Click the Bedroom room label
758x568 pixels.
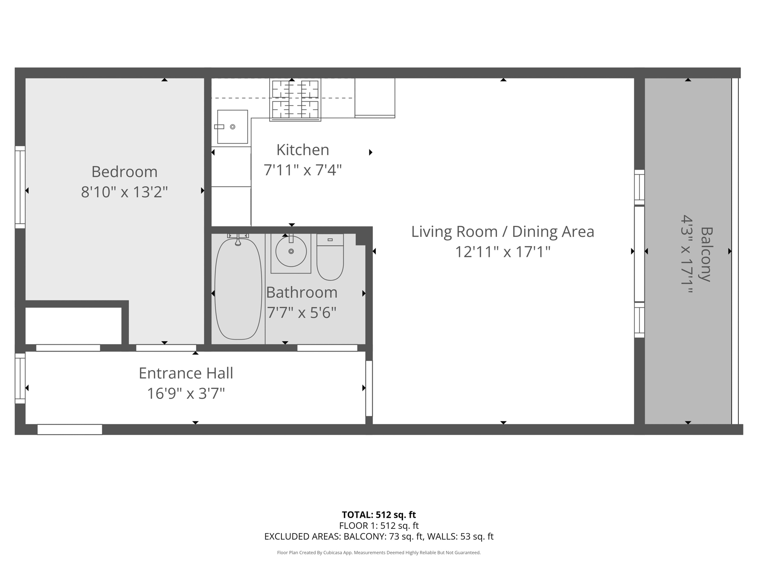point(125,172)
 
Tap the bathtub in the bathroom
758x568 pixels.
point(238,289)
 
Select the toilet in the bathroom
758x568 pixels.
point(330,257)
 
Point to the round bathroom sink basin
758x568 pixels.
point(291,251)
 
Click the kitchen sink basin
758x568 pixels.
point(232,127)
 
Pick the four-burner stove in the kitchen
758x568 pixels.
point(295,100)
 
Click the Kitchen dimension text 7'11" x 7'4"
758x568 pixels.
point(303,170)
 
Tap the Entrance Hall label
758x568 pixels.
point(186,373)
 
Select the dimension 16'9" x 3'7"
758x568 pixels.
point(186,393)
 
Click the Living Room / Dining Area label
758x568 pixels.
point(502,232)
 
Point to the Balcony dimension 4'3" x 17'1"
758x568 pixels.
point(687,254)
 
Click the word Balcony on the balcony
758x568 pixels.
point(707,254)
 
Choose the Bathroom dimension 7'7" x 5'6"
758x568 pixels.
point(302,313)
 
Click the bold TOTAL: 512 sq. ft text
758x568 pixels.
point(379,515)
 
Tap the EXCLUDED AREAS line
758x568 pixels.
point(379,536)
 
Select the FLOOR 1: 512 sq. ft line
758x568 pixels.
point(379,526)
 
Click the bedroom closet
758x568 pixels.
point(73,326)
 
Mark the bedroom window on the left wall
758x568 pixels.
point(20,187)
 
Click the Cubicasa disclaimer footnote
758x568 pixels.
point(379,553)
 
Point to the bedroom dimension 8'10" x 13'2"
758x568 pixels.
point(125,192)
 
